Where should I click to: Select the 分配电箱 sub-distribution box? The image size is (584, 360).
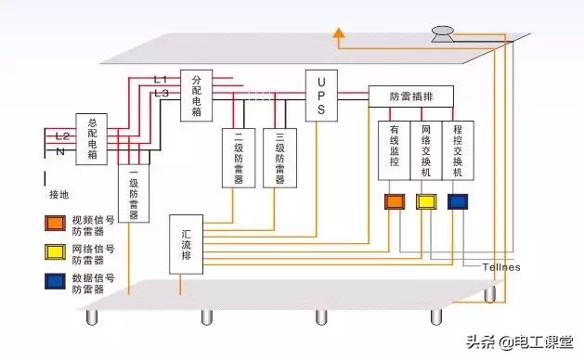tap(196, 96)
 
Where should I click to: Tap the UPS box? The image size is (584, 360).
tap(320, 96)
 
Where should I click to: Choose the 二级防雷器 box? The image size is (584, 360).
tap(239, 159)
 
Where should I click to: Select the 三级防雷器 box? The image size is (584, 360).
tap(279, 159)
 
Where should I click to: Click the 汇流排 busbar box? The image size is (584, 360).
tap(187, 244)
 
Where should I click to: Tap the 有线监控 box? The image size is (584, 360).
tap(394, 149)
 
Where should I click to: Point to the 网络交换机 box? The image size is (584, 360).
tap(426, 149)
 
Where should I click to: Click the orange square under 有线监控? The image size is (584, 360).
tap(395, 200)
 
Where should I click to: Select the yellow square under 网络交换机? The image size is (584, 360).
tap(426, 200)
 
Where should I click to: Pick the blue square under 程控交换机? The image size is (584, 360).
tap(458, 200)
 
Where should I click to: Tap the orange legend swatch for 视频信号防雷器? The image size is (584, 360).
tap(54, 223)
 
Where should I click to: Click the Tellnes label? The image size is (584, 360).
tap(501, 267)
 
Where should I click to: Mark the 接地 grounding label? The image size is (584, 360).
tap(59, 196)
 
